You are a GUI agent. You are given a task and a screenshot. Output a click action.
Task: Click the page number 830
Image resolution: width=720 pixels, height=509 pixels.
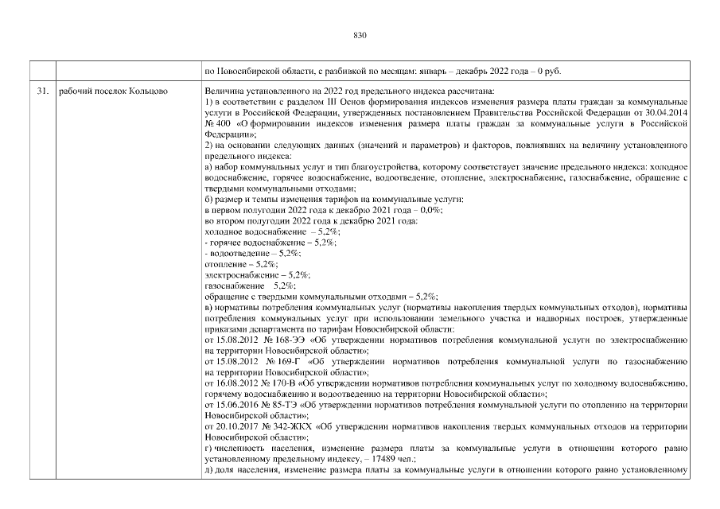[x=359, y=35]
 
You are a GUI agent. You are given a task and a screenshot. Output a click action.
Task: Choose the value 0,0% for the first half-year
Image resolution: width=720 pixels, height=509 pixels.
[x=430, y=208]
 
